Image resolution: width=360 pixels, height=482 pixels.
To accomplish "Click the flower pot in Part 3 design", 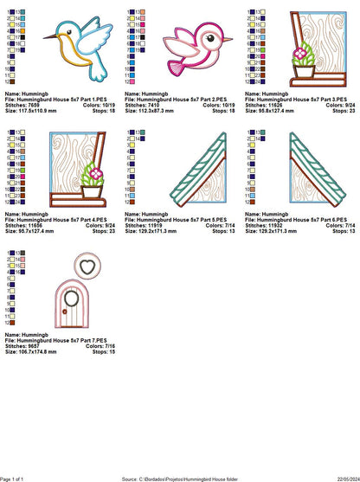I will click(303, 68).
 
